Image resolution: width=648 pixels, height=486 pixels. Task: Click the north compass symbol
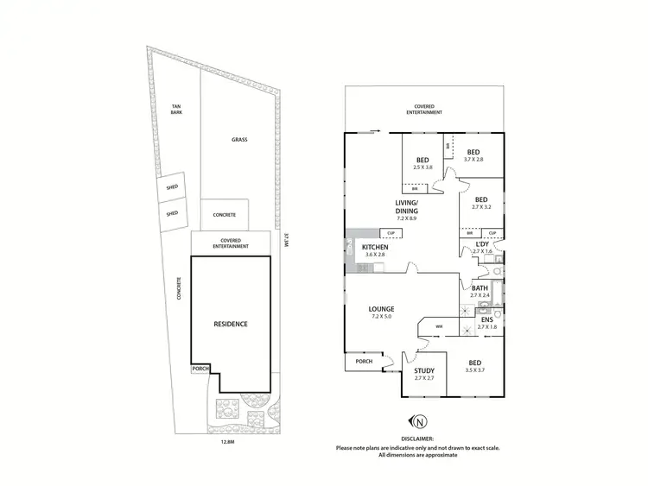[x=421, y=422]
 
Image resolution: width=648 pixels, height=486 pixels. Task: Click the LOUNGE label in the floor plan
[x=381, y=308]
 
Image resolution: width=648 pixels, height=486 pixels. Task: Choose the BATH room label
[x=480, y=287]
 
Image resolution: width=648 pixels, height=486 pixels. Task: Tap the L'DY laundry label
[x=482, y=245]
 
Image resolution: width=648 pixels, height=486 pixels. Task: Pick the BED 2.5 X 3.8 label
[x=423, y=161]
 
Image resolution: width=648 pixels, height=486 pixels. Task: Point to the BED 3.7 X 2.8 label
[x=474, y=153]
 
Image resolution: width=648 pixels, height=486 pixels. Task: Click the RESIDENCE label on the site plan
[x=231, y=325]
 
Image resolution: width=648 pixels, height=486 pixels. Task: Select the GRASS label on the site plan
[x=239, y=139]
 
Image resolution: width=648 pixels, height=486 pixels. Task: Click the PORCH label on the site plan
[x=200, y=369]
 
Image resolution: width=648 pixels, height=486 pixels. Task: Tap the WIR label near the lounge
[x=439, y=326]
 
